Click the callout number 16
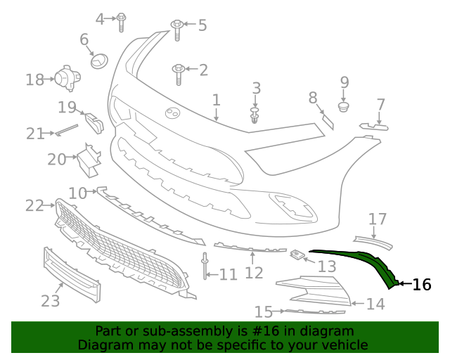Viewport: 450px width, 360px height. (421, 285)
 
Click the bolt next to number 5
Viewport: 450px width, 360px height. (176, 30)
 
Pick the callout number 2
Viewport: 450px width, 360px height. (203, 70)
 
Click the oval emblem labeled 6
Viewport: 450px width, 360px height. (99, 61)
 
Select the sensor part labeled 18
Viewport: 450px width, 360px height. (67, 78)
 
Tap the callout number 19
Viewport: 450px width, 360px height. (67, 108)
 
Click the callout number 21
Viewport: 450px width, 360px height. (35, 133)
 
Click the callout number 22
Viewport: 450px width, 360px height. (34, 205)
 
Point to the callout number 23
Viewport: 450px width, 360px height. (50, 301)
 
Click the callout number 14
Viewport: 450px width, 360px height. (375, 304)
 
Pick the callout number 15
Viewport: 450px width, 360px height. (263, 311)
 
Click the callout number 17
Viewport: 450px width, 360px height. (378, 219)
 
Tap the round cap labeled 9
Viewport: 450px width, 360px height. (344, 107)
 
